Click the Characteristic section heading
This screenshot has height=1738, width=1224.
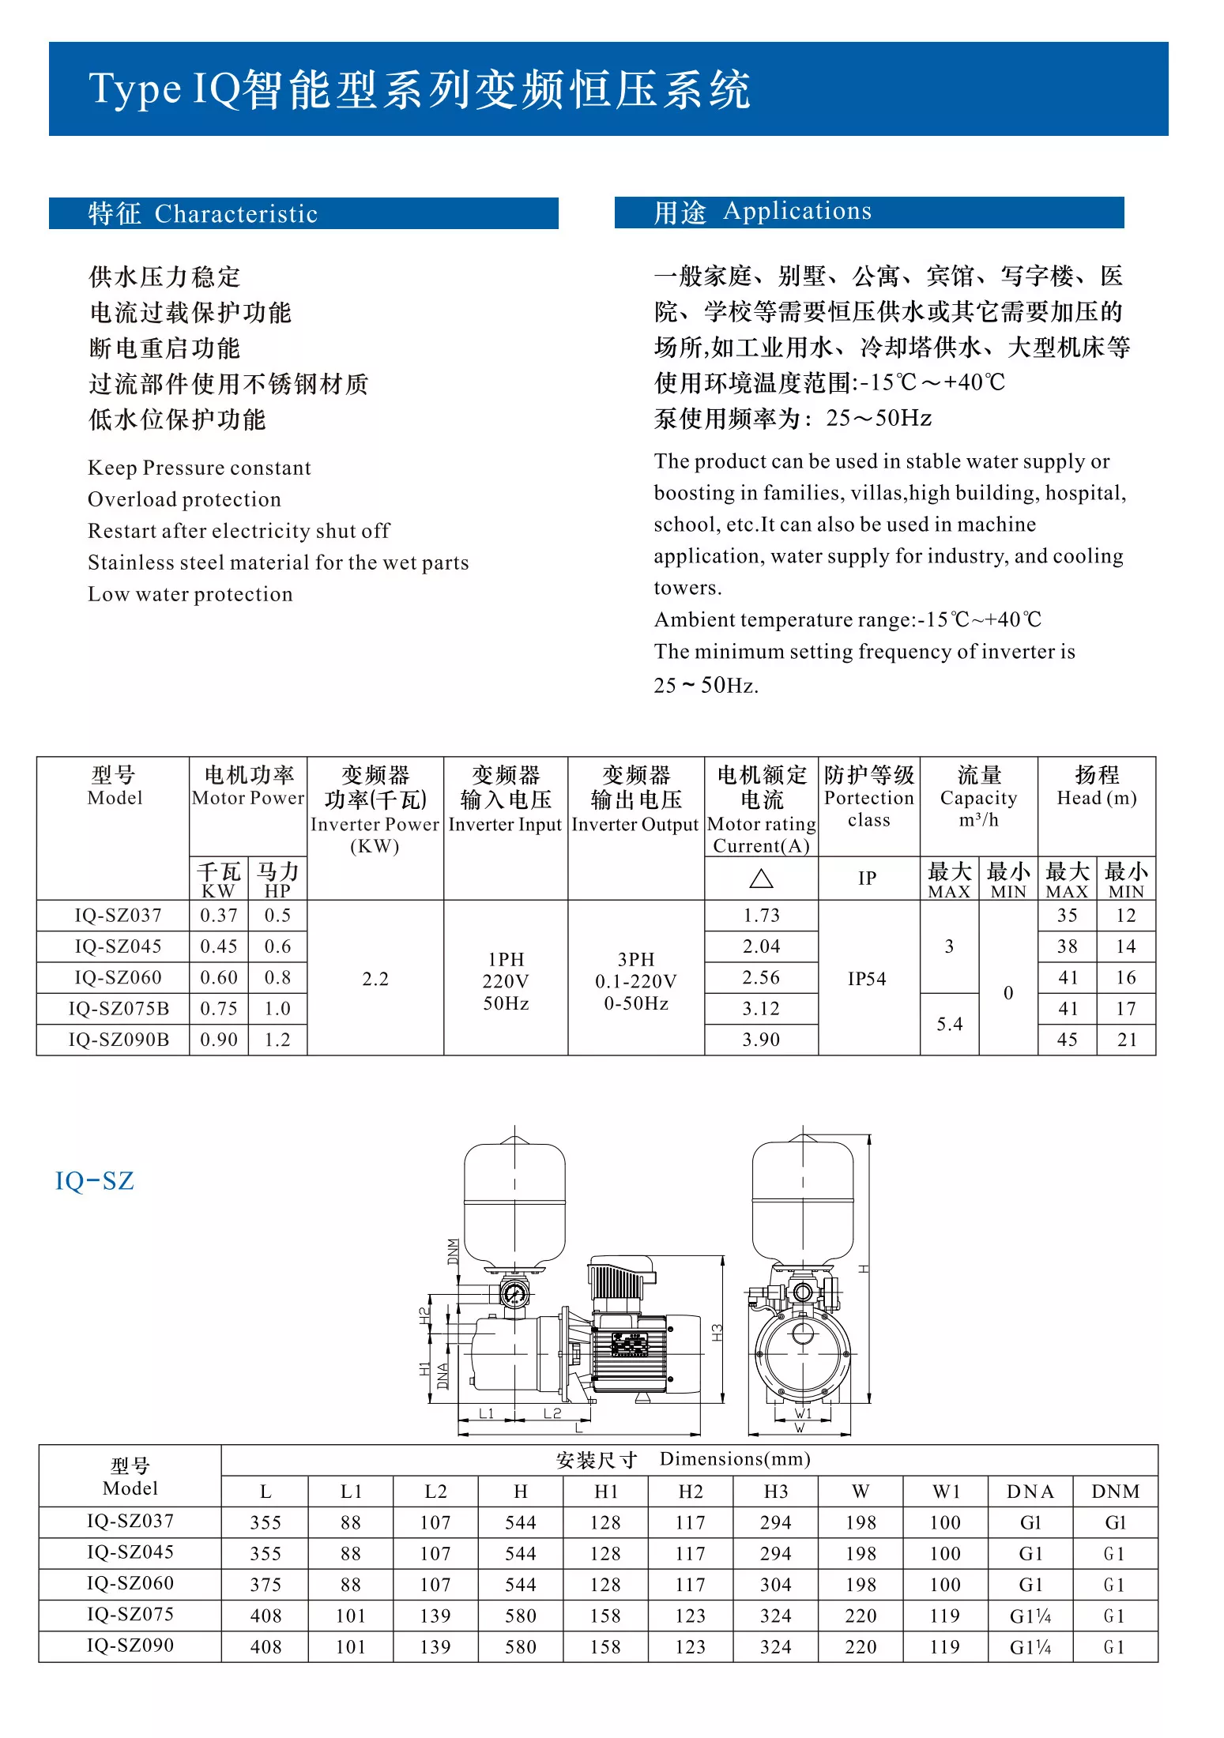203,214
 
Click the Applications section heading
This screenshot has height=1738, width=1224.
763,212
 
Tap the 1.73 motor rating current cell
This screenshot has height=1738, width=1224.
761,916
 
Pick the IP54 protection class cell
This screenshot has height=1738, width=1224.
867,979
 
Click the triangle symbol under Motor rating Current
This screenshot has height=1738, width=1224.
761,878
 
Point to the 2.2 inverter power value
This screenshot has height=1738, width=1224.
375,979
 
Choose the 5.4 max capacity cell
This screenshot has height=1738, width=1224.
949,1025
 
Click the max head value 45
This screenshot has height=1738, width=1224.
1067,1040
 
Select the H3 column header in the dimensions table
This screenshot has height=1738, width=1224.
775,1492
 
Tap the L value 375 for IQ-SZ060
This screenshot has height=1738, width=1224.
266,1585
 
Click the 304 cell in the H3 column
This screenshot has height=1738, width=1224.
775,1585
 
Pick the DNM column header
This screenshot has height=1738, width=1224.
1115,1492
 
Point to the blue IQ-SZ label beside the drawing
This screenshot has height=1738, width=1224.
95,1181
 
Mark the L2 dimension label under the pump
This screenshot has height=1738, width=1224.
552,1413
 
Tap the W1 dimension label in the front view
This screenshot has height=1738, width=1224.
803,1413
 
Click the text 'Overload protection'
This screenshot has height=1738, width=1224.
184,499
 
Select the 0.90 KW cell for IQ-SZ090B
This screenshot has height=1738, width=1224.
219,1040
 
